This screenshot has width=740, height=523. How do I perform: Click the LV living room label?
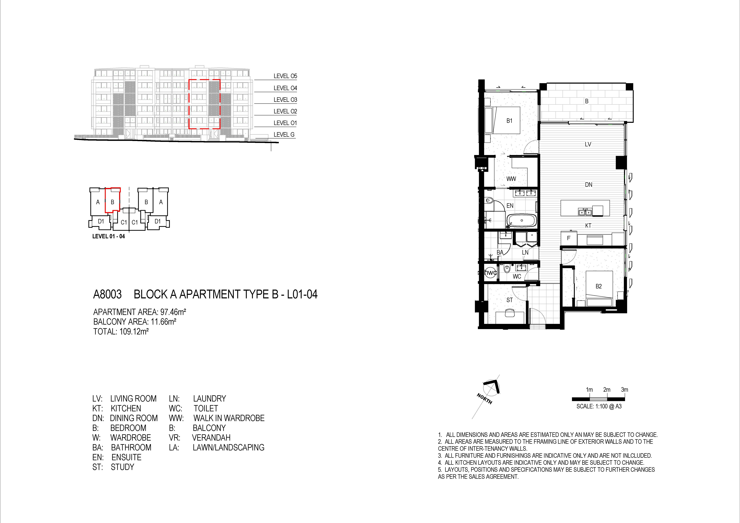588,144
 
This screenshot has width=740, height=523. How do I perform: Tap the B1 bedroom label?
509,121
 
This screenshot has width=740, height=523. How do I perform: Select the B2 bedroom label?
599,286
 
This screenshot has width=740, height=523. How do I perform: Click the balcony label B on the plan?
587,101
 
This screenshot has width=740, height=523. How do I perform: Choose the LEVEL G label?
284,135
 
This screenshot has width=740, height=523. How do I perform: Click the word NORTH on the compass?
484,399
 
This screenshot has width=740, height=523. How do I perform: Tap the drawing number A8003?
107,294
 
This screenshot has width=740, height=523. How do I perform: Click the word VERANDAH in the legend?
211,438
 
